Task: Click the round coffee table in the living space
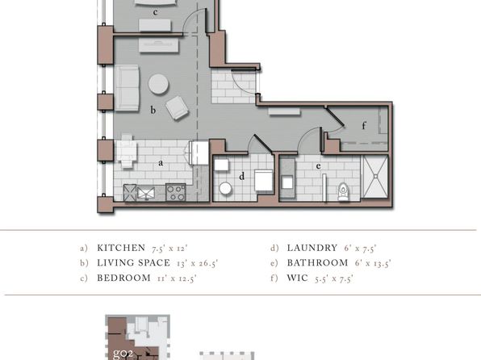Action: click(158, 84)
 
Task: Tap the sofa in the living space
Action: click(127, 88)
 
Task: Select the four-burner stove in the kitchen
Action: click(176, 192)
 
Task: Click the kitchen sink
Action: click(146, 193)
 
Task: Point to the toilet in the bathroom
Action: click(343, 191)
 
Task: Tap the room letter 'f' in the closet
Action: click(364, 126)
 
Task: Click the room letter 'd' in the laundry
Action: click(242, 176)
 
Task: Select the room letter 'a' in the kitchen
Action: click(161, 163)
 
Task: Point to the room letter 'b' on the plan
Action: click(153, 110)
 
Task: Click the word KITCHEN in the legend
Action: click(121, 248)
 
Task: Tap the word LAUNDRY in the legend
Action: click(312, 248)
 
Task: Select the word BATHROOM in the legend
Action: click(317, 262)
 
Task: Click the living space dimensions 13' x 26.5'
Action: click(197, 263)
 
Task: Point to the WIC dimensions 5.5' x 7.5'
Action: click(334, 278)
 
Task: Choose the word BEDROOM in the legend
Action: click(123, 278)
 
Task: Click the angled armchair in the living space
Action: click(177, 107)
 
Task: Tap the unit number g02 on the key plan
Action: click(123, 354)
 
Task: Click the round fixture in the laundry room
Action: click(225, 188)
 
